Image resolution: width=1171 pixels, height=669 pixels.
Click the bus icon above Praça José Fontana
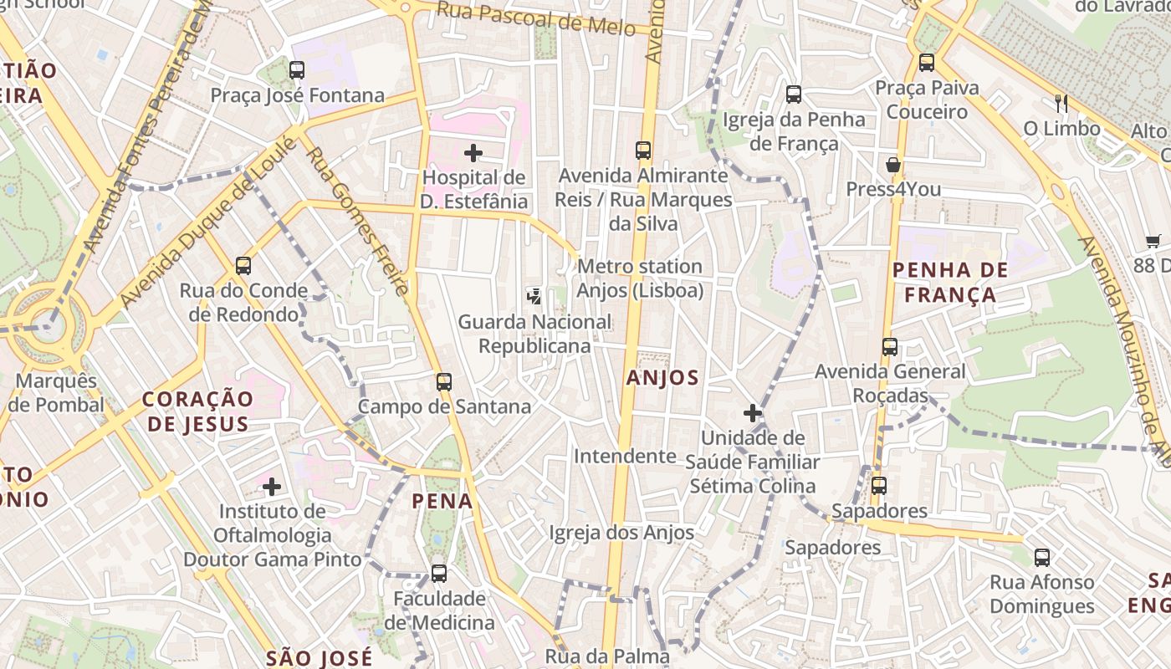coord(297,70)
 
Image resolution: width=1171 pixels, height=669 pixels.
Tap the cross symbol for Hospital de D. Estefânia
coord(473,152)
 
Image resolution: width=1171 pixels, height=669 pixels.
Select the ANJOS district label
coord(662,378)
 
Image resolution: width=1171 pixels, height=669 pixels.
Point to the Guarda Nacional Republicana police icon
coord(534,296)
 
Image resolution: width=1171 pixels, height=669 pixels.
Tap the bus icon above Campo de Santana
coord(444,382)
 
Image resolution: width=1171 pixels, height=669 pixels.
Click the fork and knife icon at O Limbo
coord(1061,104)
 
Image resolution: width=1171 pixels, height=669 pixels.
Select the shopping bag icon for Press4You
coord(893,164)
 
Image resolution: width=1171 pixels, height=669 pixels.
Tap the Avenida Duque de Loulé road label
coord(209,222)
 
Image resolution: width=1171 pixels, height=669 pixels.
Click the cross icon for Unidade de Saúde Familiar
coord(753,413)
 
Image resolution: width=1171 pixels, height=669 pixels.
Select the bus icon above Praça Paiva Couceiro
coord(926,63)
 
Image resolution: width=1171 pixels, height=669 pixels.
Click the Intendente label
coord(625,457)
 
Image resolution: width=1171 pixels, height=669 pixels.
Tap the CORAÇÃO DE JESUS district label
coord(197,411)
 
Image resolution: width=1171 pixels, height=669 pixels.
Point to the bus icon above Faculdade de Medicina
coord(439,574)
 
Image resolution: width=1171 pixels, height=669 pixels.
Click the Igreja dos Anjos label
coord(621,533)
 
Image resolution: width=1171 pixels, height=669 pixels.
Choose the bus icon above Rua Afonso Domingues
coord(1042,557)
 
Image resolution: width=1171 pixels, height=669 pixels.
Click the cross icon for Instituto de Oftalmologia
coord(272,486)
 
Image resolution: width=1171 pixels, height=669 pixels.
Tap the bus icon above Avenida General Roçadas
coord(890,347)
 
